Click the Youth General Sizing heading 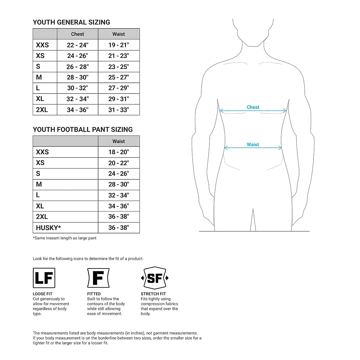[71, 22]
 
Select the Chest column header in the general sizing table [77, 34]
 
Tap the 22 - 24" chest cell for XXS [77, 45]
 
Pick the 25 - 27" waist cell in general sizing [118, 77]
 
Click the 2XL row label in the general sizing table [42, 110]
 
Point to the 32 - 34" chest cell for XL [77, 99]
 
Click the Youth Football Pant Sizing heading [82, 130]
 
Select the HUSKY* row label [48, 228]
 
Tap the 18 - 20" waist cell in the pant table [118, 152]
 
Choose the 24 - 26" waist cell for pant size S [118, 174]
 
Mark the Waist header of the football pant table [118, 141]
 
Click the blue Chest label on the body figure [253, 107]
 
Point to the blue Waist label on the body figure [253, 145]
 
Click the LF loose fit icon [44, 278]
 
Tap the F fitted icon [98, 278]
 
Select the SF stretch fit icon [155, 278]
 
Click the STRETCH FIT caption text [153, 294]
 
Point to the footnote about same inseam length [64, 238]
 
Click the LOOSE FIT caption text [43, 294]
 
